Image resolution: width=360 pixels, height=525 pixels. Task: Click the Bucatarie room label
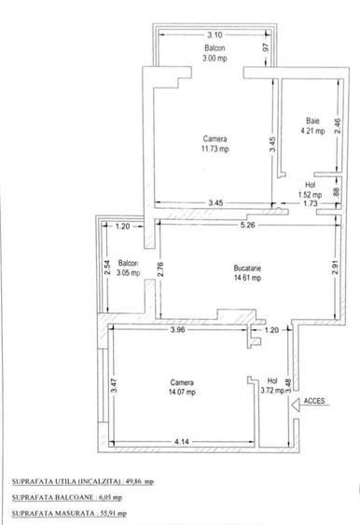pyautogui.click(x=246, y=268)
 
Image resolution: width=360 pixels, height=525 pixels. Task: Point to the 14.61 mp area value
pyautogui.click(x=246, y=277)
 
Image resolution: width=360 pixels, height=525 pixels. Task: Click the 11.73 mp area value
pyautogui.click(x=215, y=147)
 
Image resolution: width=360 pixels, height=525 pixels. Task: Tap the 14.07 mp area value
pyautogui.click(x=183, y=392)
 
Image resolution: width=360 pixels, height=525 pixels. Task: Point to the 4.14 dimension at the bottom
pyautogui.click(x=181, y=440)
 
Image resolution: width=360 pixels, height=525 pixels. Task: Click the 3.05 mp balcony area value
pyautogui.click(x=128, y=273)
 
